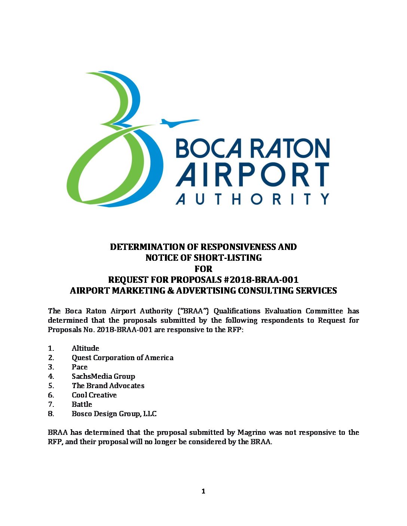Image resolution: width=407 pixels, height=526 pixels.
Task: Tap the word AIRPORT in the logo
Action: point(252,174)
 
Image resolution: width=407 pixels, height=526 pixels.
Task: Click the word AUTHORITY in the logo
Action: point(252,199)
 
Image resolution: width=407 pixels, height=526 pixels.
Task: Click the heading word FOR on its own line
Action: point(203,269)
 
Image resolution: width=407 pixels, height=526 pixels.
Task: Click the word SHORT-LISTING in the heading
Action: point(227,258)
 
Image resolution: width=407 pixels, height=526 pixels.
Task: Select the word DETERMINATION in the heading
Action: point(154,247)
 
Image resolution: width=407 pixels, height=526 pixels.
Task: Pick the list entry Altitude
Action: point(85,348)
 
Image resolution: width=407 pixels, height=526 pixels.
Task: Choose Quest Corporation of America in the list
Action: point(122,358)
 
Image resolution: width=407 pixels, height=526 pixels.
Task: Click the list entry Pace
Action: point(79,367)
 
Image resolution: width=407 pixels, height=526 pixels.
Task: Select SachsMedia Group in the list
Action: point(103,376)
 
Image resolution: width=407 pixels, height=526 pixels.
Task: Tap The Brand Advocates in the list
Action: point(108,386)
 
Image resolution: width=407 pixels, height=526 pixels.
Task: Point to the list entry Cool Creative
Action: point(94,395)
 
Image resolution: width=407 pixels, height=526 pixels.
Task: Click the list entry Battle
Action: point(82,404)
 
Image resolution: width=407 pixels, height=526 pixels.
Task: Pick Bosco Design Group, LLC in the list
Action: point(114,414)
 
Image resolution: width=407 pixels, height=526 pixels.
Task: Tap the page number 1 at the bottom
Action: point(203,491)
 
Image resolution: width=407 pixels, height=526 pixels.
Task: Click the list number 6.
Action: point(51,395)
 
